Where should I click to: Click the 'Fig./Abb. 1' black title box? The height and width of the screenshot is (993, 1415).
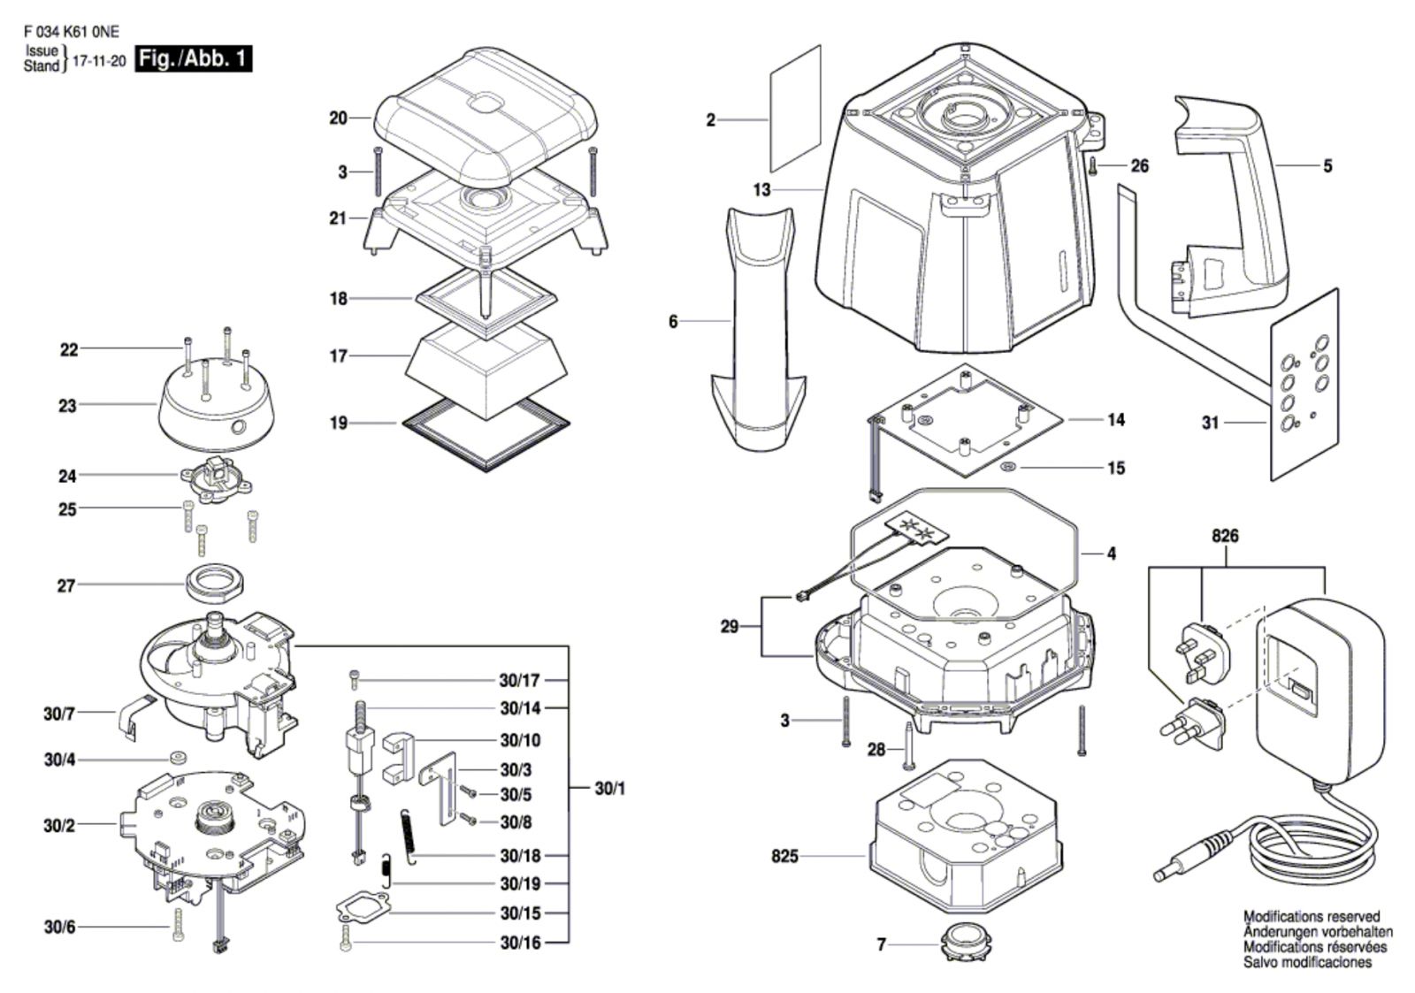[194, 59]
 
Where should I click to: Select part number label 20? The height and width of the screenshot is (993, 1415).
[338, 118]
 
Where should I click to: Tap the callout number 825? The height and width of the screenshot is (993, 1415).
[784, 857]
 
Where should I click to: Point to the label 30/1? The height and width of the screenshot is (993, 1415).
[609, 789]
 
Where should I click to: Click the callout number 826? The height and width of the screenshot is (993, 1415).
[1225, 536]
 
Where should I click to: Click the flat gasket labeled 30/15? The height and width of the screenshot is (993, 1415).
[363, 908]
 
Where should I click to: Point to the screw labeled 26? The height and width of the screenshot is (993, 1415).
[1093, 167]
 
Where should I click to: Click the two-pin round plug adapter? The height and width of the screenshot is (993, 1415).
[1191, 725]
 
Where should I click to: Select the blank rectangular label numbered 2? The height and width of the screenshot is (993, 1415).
[795, 108]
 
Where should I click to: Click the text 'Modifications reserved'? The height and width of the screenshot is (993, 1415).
[1312, 917]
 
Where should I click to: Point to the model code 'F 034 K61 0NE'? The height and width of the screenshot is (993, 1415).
[72, 32]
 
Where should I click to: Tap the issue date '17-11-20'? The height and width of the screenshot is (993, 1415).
[99, 61]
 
